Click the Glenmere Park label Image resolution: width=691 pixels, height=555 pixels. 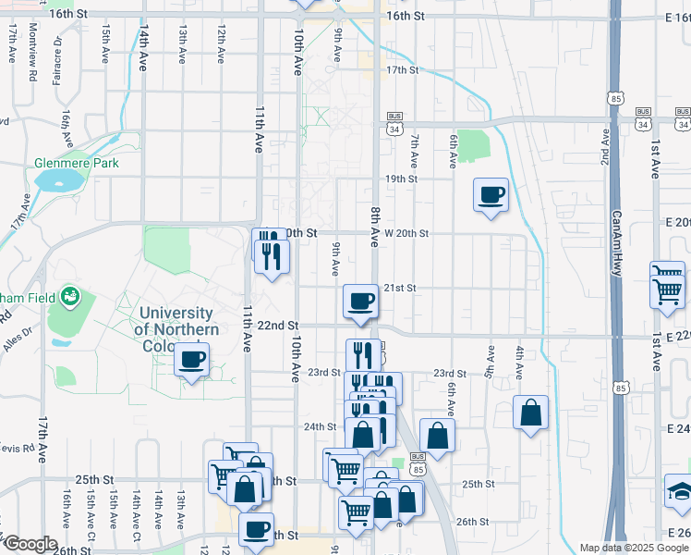(x=77, y=163)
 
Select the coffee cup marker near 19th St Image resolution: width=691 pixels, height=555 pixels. (x=491, y=195)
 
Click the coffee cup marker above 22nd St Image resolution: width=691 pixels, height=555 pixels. (x=361, y=301)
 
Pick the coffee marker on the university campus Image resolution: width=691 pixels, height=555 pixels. (x=192, y=360)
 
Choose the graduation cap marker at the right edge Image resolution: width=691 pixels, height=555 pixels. (x=680, y=491)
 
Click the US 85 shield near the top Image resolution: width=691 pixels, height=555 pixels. (x=615, y=96)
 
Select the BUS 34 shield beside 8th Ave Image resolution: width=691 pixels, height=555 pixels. (x=395, y=123)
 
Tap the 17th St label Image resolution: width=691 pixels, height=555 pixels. (x=402, y=70)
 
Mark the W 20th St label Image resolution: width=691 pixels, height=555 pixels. (x=406, y=233)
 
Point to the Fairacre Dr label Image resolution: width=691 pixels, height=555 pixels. (x=57, y=55)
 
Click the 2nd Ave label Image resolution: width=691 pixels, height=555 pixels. (x=604, y=147)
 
